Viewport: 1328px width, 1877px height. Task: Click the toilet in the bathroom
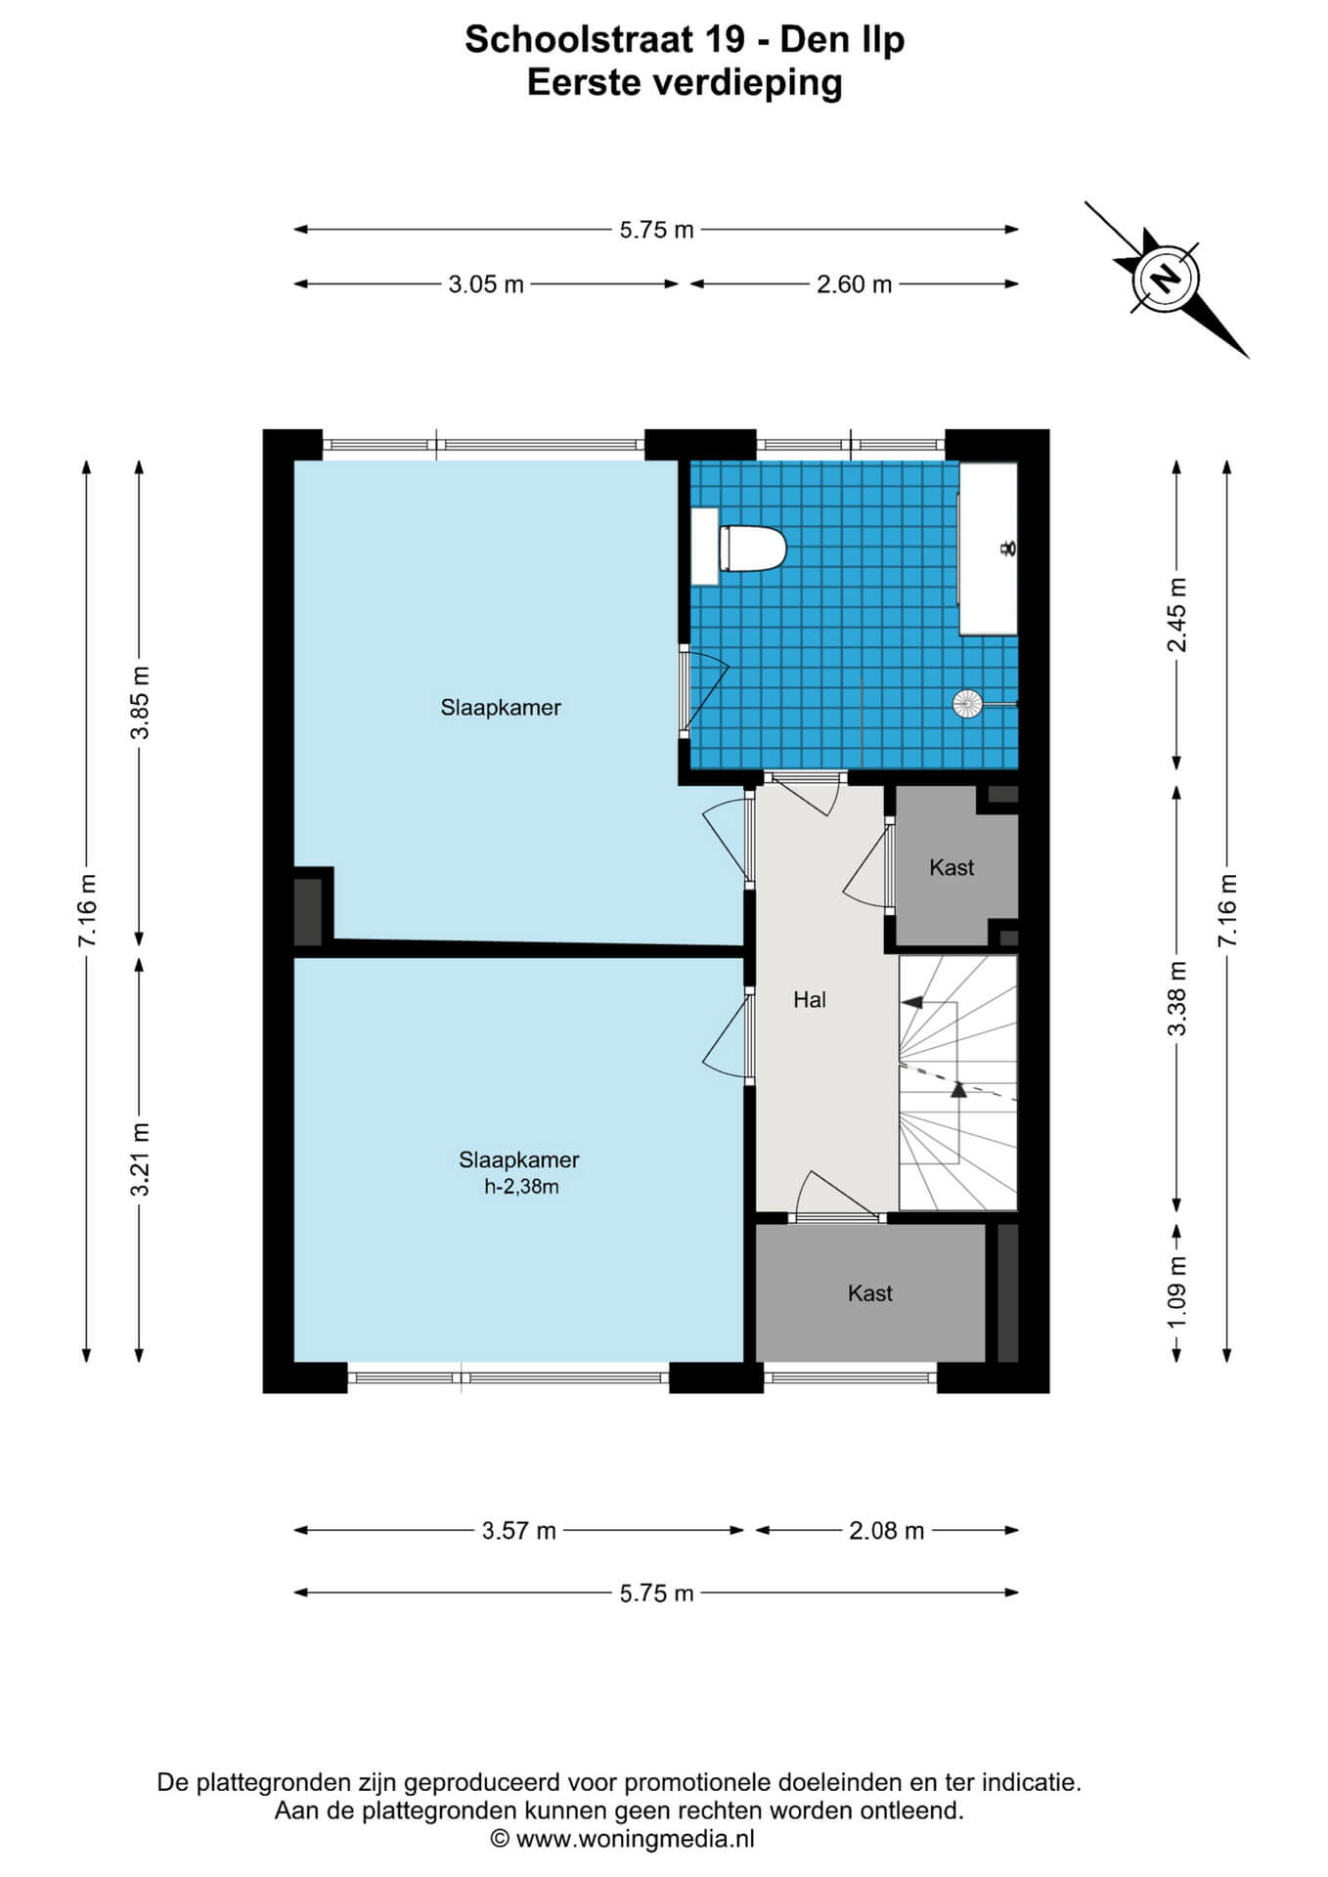752,548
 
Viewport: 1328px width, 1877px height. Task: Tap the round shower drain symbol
966,702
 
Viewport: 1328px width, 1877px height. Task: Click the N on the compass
1166,280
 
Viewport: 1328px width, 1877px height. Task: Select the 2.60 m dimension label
854,284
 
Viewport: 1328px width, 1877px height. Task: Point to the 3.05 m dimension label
486,284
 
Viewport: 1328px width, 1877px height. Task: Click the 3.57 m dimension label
518,1530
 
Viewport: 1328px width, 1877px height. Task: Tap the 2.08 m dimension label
886,1530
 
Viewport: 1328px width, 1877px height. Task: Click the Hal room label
810,999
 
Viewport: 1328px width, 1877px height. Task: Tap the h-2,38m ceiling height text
521,1187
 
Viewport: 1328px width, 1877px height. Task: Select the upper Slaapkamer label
501,707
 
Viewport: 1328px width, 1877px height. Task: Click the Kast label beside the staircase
952,867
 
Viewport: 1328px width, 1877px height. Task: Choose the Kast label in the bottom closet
870,1293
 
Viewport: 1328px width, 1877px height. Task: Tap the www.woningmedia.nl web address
636,1839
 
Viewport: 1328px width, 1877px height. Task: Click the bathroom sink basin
989,548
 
